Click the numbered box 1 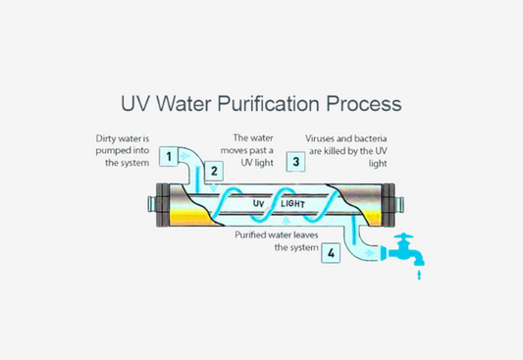coord(170,156)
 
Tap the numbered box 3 coord(294,161)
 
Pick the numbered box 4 coord(332,253)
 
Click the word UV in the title coord(138,103)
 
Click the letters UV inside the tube coord(260,203)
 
